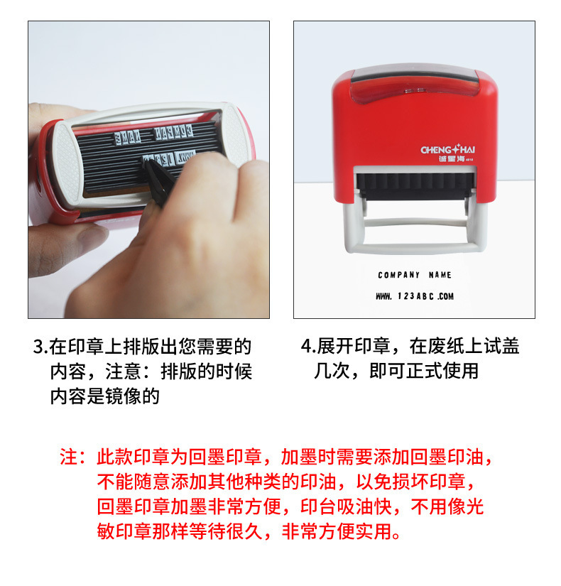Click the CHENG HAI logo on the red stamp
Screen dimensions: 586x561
point(447,151)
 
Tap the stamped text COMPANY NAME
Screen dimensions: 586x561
point(415,275)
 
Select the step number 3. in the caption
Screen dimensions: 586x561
point(40,347)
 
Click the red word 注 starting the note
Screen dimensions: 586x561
point(68,457)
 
